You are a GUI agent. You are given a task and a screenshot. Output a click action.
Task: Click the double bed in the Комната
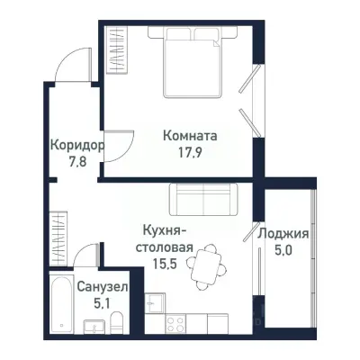[x=193, y=61]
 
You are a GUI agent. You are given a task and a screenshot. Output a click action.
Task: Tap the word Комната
[x=191, y=136]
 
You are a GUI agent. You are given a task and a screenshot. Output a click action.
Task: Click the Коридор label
[x=76, y=145]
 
